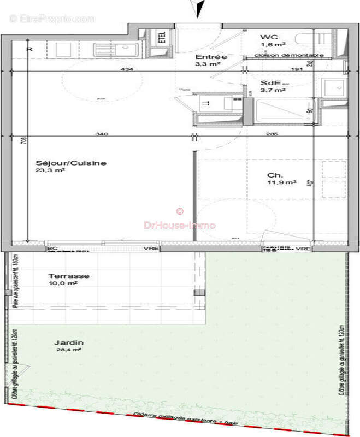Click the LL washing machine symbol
[206, 103]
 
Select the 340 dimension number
[101, 134]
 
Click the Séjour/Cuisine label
[71, 163]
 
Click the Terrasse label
[69, 276]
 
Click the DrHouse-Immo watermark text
[179, 225]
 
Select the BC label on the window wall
[52, 249]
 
